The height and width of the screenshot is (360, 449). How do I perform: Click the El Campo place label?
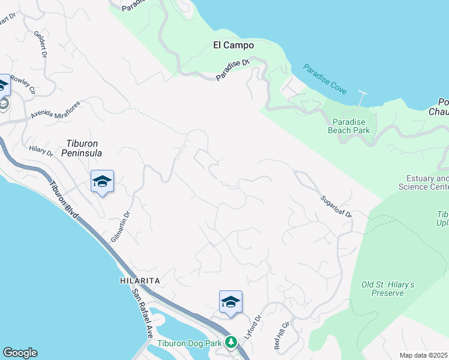click(234, 45)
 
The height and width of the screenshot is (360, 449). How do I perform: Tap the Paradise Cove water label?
click(325, 79)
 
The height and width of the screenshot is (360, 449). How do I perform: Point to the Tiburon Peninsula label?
click(82, 148)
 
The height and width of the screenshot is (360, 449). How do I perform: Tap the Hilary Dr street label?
click(41, 150)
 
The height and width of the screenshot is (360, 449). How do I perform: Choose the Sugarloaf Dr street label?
click(335, 205)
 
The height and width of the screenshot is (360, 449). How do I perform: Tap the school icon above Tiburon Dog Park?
click(231, 302)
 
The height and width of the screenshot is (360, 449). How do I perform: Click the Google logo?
click(20, 353)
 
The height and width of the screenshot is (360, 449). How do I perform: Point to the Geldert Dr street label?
click(41, 44)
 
